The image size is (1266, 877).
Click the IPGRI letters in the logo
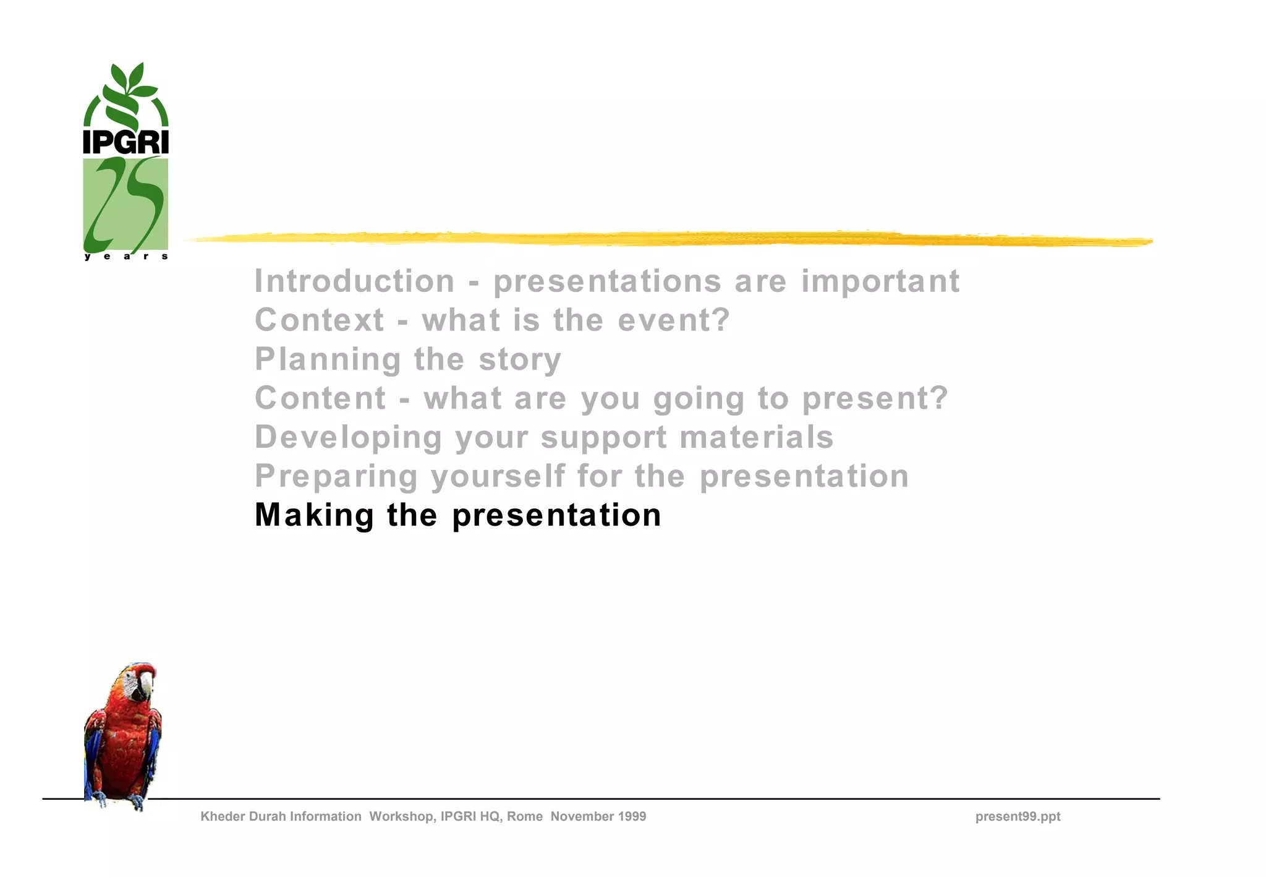click(x=125, y=142)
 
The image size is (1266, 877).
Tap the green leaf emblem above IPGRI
click(x=126, y=93)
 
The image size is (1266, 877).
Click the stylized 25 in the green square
click(x=125, y=204)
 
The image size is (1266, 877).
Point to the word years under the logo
click(x=126, y=256)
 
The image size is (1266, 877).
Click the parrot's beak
click(x=146, y=683)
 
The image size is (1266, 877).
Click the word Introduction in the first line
click(x=355, y=281)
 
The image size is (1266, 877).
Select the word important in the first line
click(x=880, y=281)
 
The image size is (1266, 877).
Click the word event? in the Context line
click(x=674, y=320)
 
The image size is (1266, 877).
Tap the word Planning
click(x=328, y=360)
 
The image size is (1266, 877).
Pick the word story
click(x=520, y=360)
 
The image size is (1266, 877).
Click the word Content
click(x=320, y=398)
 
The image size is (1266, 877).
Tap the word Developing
click(x=349, y=438)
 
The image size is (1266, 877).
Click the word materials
click(x=757, y=437)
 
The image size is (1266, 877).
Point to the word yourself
click(x=498, y=477)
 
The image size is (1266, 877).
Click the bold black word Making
click(x=314, y=515)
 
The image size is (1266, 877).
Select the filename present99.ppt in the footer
click(x=1017, y=816)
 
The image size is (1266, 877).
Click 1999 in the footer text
click(x=631, y=816)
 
